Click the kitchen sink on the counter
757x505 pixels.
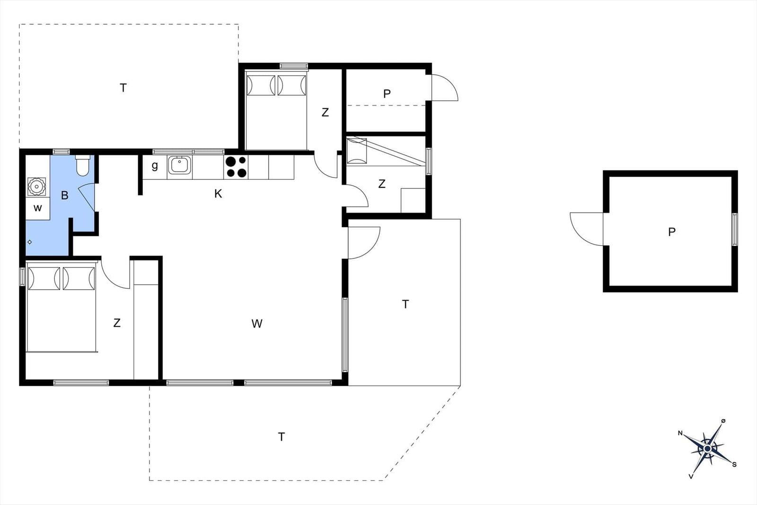coord(179,165)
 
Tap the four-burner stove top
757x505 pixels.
coord(236,168)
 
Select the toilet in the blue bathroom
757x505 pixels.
coord(82,166)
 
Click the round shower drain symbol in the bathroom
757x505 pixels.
coord(30,242)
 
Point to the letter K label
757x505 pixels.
coord(218,194)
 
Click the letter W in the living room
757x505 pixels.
coord(257,323)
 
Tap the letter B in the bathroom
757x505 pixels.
coord(64,195)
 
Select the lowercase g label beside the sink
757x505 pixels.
coord(155,166)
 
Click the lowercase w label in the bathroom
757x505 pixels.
coord(37,208)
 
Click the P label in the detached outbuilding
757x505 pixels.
coord(672,232)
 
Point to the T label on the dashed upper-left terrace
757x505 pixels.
coord(123,88)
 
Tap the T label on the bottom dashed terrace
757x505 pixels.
coord(282,437)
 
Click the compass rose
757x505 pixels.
coord(707,449)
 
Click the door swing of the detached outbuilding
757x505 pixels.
coord(586,229)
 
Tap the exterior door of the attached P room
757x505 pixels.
coord(445,88)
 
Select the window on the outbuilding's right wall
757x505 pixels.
coord(735,230)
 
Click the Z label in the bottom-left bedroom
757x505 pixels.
coord(117,323)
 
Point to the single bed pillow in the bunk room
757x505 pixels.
coord(357,151)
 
